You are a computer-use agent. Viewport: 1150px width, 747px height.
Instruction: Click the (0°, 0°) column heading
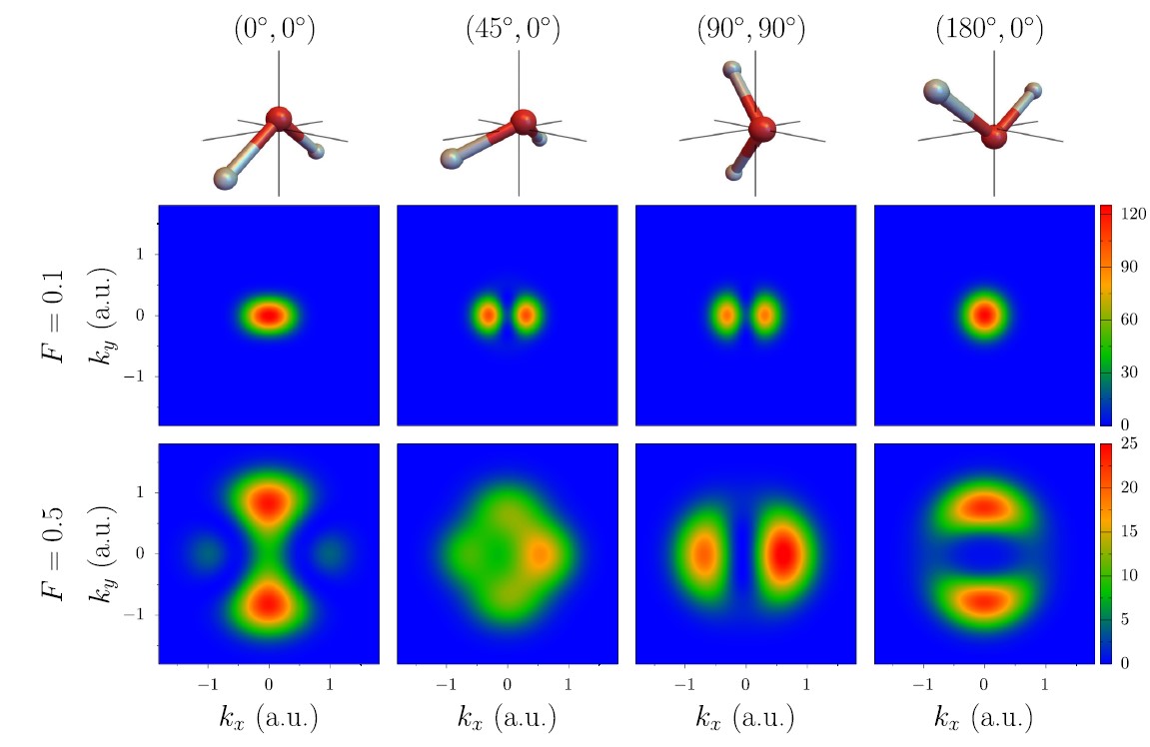tap(269, 29)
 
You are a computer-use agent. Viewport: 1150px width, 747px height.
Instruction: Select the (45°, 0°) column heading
tap(513, 29)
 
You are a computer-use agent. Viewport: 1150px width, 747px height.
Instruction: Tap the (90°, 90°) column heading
tap(749, 29)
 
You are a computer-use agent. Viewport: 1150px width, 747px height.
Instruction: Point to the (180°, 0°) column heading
tap(989, 29)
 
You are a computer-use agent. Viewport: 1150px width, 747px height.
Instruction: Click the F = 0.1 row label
tap(56, 316)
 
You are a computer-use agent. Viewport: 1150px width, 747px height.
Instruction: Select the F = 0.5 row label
tap(56, 553)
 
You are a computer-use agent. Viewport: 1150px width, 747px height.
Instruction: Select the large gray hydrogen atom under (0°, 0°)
tap(226, 178)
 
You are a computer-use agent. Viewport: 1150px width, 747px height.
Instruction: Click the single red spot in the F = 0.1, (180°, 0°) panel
tap(984, 316)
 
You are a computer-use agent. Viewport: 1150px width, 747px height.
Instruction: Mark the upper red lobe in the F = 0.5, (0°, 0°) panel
tap(268, 502)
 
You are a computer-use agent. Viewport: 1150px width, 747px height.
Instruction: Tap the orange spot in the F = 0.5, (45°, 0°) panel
tap(541, 554)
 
